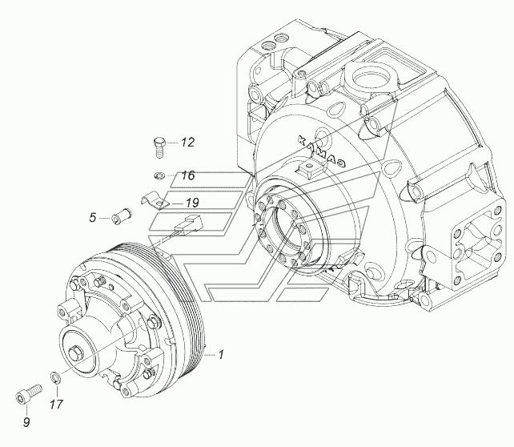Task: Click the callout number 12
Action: pos(187,142)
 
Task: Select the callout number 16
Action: pos(188,175)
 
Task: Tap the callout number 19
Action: pos(192,203)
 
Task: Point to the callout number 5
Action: pos(93,217)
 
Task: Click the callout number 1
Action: pos(221,354)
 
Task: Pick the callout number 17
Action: pos(56,404)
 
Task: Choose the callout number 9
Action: pos(26,422)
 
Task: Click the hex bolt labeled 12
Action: pos(159,148)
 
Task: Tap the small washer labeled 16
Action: pos(159,176)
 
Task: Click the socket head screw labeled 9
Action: pos(29,394)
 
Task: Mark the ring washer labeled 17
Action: pos(55,377)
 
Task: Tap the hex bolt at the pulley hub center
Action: pos(76,353)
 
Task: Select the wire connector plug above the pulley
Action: pos(190,223)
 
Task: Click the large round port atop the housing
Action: pos(375,78)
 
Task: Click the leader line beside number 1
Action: pos(210,355)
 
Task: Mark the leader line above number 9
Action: pos(27,409)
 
